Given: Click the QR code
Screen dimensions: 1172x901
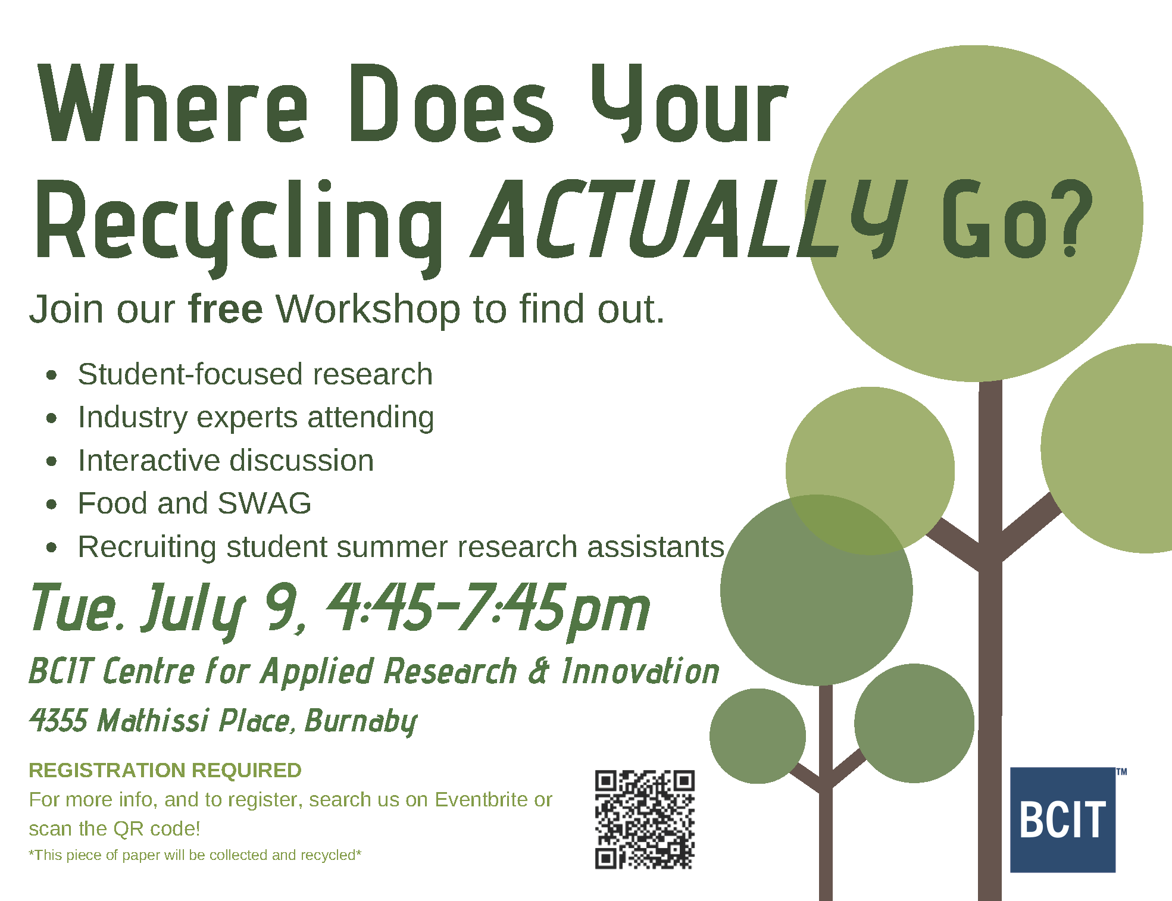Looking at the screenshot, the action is [x=645, y=819].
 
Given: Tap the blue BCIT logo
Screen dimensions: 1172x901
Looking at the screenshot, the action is [x=1062, y=819].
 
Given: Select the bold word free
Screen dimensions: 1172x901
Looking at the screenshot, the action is [x=226, y=309].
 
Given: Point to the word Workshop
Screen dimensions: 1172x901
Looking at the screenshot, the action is [x=368, y=310].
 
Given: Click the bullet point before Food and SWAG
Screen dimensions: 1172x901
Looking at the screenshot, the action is [x=52, y=504].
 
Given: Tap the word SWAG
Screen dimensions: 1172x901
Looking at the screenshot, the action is [x=264, y=503].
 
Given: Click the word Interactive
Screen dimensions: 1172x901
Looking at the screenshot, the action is [x=149, y=461].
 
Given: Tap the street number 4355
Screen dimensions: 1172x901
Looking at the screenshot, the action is [x=58, y=721].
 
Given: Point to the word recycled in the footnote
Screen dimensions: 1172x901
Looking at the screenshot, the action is [x=327, y=855].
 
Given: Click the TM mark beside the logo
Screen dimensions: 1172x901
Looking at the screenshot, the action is [x=1121, y=772].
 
